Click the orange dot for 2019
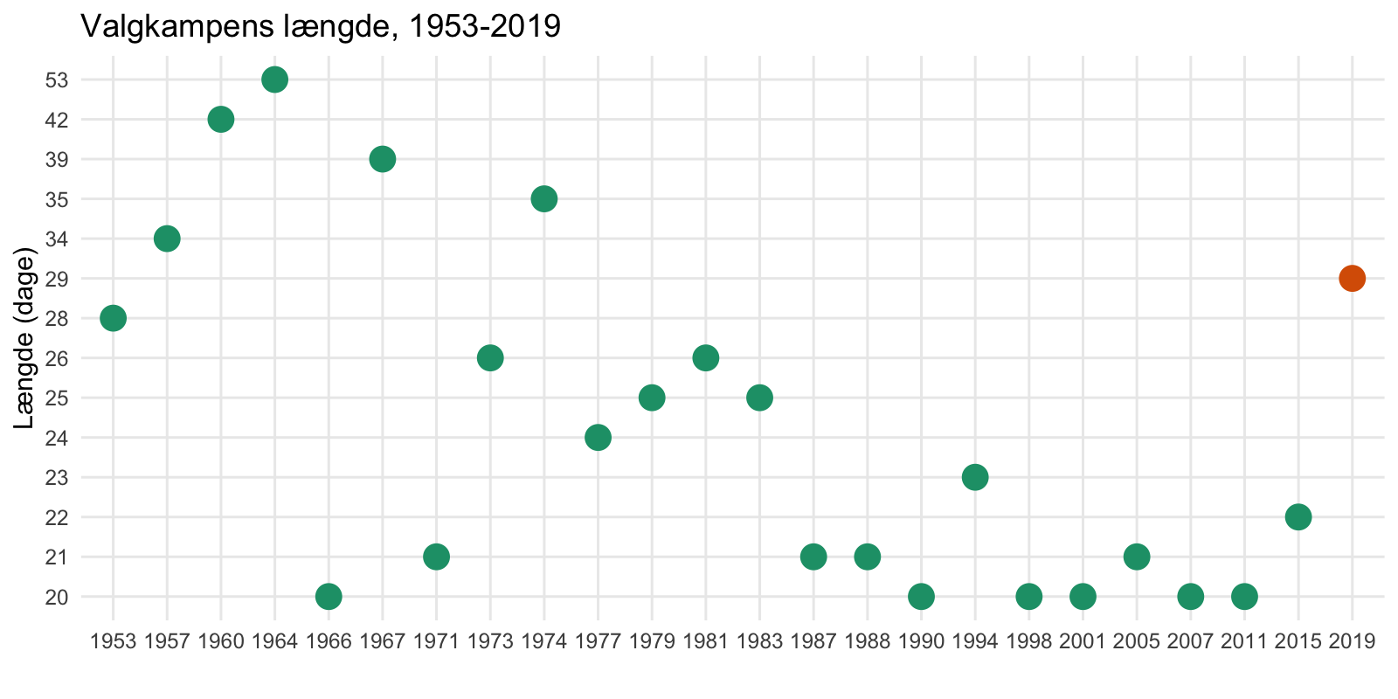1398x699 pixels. [1352, 279]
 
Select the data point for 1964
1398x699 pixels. [274, 80]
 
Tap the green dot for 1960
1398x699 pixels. [221, 120]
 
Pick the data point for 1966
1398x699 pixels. [329, 597]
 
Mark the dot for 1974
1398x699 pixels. [543, 199]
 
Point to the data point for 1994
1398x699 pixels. [975, 477]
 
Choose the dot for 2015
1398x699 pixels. [1298, 517]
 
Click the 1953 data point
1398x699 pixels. [113, 318]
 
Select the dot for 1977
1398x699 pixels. [598, 437]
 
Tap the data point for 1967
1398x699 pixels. [382, 159]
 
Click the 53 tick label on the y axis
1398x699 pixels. [56, 80]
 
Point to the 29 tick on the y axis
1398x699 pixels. [56, 280]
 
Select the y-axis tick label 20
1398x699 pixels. [56, 598]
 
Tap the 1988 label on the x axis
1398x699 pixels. [867, 642]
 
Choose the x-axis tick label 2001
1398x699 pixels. [1083, 642]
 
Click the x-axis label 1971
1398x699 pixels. [436, 642]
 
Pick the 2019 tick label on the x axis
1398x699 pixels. [1352, 642]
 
